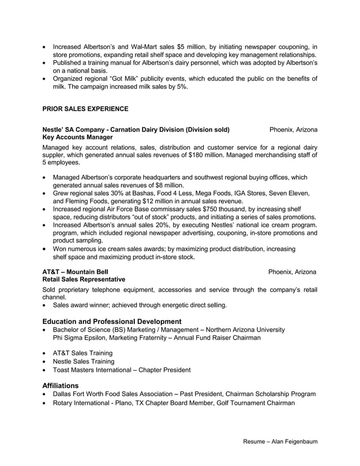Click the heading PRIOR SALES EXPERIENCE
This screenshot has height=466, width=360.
(85, 108)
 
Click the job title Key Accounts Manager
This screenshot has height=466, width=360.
(77, 137)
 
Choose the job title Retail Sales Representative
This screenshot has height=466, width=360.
(84, 279)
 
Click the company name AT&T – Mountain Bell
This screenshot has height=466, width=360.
(76, 271)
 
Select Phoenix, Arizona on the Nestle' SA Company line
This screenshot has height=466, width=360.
(293, 129)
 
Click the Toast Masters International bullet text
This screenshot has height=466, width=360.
(121, 370)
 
